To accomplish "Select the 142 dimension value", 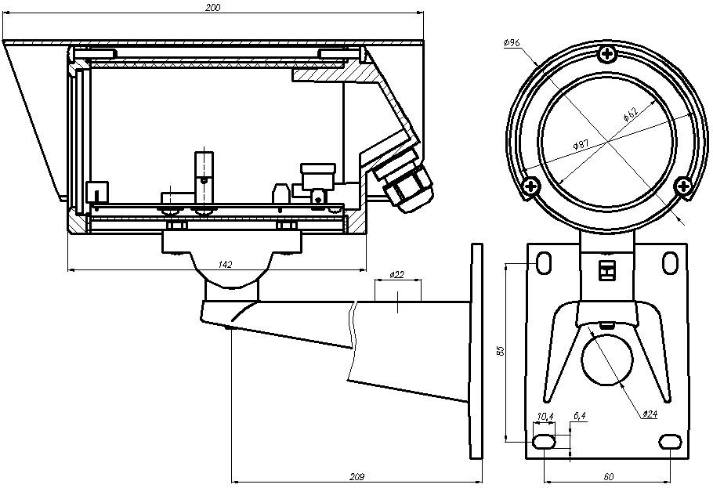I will [x=226, y=265].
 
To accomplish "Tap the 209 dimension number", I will [x=357, y=475].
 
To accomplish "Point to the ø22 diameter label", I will [x=396, y=276].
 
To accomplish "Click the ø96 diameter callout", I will [x=514, y=44].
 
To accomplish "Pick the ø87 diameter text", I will [x=581, y=146].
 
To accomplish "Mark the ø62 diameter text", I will [x=631, y=113].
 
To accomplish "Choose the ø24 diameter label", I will [x=649, y=414].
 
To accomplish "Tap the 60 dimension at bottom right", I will [x=608, y=475].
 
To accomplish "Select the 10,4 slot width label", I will [x=545, y=416].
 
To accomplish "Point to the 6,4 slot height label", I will [x=580, y=416].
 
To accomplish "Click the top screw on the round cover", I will [x=607, y=54].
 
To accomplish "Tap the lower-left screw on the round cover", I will [x=532, y=186].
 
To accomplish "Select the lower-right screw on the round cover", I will [x=683, y=186].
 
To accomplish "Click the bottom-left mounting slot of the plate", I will [x=544, y=443].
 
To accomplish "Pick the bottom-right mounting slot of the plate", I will [x=670, y=443].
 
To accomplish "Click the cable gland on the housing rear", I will [x=408, y=186].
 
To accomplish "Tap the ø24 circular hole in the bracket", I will [x=606, y=360].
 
